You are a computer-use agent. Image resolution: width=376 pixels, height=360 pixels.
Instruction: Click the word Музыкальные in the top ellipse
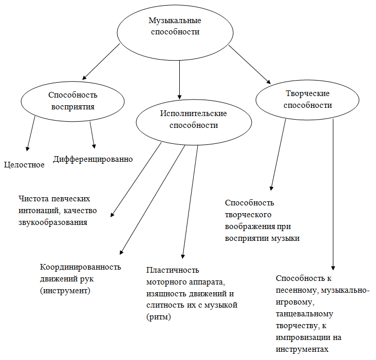point(175,21)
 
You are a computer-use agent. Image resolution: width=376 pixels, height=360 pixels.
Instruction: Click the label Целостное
point(24,165)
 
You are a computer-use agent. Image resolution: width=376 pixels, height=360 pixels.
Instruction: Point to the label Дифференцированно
point(93,159)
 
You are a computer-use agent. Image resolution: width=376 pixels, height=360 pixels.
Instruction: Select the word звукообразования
point(53,222)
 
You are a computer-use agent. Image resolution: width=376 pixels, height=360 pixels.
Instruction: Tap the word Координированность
point(80,267)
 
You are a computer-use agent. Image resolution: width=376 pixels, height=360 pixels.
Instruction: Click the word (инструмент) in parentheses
point(65,291)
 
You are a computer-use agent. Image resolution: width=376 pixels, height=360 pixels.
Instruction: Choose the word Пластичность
point(173,270)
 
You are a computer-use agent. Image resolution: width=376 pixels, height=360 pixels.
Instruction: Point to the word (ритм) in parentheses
point(159,317)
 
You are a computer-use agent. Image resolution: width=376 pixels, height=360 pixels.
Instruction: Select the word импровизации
point(303,337)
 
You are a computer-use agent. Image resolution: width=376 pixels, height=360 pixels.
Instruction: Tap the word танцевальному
point(305,314)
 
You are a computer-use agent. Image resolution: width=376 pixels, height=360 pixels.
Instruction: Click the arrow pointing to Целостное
point(31,134)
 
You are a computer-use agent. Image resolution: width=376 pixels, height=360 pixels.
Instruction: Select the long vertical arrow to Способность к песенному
point(333,195)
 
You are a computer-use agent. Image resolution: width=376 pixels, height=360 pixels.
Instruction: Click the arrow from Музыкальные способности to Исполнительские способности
point(179,80)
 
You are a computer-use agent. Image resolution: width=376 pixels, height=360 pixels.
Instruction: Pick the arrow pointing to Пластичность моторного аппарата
point(190,202)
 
